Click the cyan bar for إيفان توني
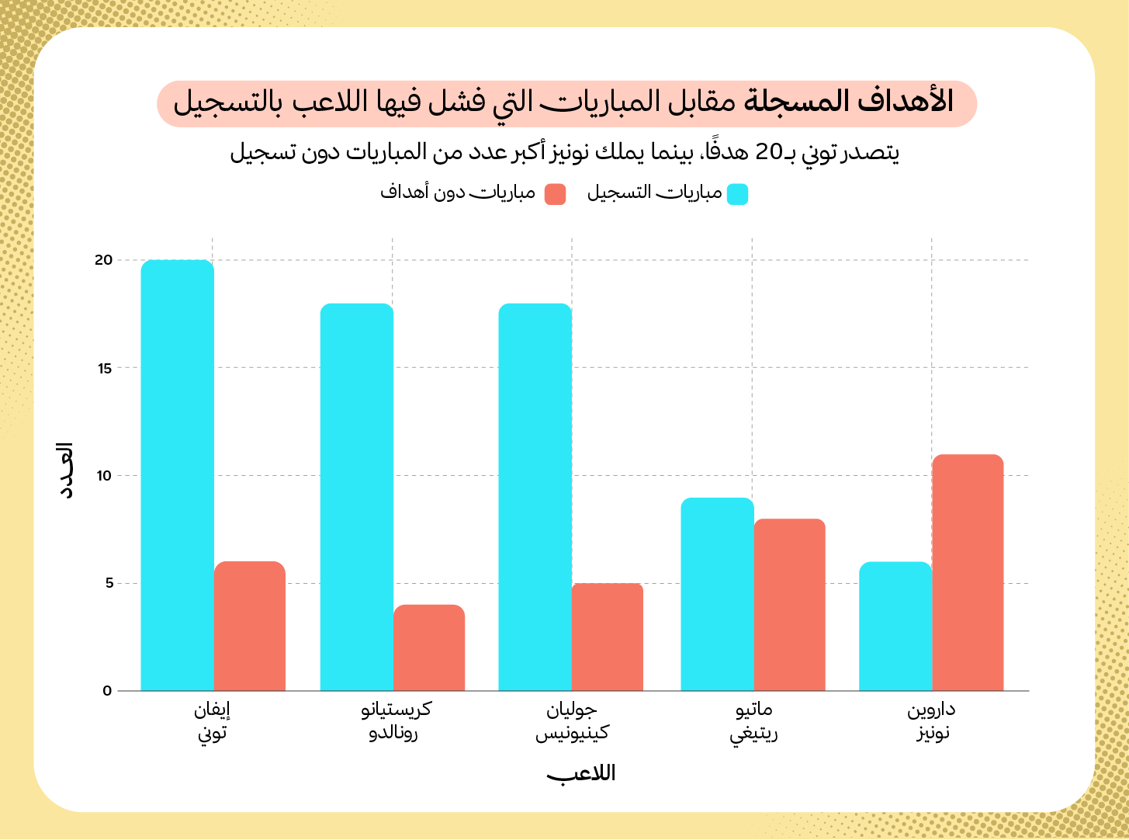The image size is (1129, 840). point(177,475)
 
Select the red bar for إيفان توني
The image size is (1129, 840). point(250,626)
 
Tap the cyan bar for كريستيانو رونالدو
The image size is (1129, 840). point(356,497)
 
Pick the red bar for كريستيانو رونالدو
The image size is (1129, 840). point(429,647)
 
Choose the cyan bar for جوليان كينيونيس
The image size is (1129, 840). point(535,497)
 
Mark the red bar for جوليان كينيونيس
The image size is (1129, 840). point(608,637)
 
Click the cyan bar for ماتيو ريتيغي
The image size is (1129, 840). point(717,594)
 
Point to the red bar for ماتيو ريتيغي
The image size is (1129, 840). point(789,605)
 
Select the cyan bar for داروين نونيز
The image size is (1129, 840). point(895,626)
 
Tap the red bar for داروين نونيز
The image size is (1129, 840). point(968,572)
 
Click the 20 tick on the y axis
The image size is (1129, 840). point(103,260)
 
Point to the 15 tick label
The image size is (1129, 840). point(104,368)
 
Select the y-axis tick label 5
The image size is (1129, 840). point(107,583)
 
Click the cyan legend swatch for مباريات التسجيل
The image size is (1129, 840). point(737,194)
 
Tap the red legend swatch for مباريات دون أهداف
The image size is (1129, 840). point(555,194)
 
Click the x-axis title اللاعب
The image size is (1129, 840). point(581,773)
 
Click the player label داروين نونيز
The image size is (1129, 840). point(932,720)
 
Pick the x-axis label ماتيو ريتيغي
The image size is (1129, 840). point(753,720)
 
